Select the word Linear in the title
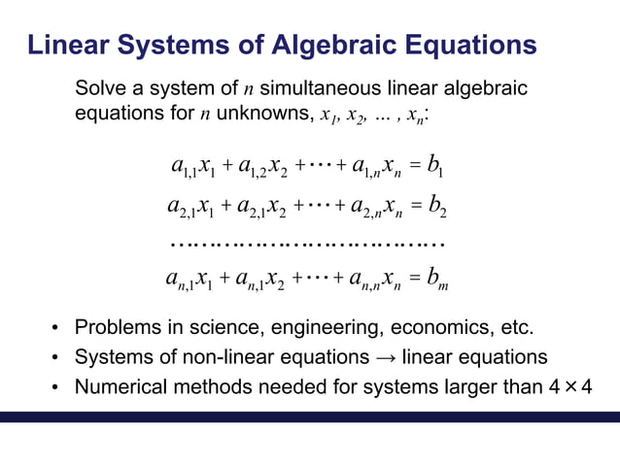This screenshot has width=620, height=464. coord(68,45)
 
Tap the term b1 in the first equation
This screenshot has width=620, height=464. coord(434,171)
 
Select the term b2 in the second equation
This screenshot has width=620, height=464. coord(434,207)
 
